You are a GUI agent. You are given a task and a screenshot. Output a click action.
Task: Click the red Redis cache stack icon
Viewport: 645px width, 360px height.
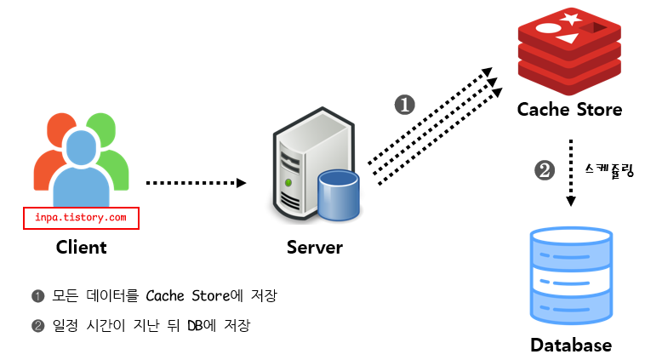pos(569,50)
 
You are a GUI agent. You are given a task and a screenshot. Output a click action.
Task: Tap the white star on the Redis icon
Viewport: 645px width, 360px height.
pos(570,19)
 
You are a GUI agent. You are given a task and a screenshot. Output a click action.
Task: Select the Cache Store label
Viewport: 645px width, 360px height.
pos(570,110)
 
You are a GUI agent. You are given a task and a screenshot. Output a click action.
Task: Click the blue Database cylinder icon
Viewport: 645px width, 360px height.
pos(571,276)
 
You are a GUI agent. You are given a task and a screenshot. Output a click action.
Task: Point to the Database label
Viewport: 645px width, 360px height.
pos(571,345)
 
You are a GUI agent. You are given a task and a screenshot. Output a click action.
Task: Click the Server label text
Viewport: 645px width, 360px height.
pos(315,248)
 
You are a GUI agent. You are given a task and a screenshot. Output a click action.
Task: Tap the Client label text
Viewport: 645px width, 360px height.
pos(82,248)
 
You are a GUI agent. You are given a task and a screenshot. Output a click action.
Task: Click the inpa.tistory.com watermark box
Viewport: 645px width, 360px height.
pos(81,218)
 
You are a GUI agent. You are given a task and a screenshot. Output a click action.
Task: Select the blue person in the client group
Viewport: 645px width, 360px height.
pos(81,169)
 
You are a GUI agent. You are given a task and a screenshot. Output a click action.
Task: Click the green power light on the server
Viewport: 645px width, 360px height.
pos(288,182)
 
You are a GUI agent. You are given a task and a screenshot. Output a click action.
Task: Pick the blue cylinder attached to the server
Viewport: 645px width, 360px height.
pos(339,195)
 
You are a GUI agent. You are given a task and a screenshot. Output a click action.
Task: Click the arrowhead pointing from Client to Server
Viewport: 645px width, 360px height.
pos(242,183)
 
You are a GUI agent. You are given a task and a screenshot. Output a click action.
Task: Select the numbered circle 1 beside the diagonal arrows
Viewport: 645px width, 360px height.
pos(405,105)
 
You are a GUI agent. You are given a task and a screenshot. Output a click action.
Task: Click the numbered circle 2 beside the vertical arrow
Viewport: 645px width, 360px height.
pos(545,170)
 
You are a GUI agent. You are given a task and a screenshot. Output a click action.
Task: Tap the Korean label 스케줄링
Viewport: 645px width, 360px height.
pos(609,170)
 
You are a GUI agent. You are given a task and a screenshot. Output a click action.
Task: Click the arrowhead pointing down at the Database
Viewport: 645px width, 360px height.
pos(571,201)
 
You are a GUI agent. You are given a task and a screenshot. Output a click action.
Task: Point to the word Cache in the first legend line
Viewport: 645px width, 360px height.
pos(165,296)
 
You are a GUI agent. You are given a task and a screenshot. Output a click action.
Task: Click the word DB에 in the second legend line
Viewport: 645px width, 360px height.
pos(202,325)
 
